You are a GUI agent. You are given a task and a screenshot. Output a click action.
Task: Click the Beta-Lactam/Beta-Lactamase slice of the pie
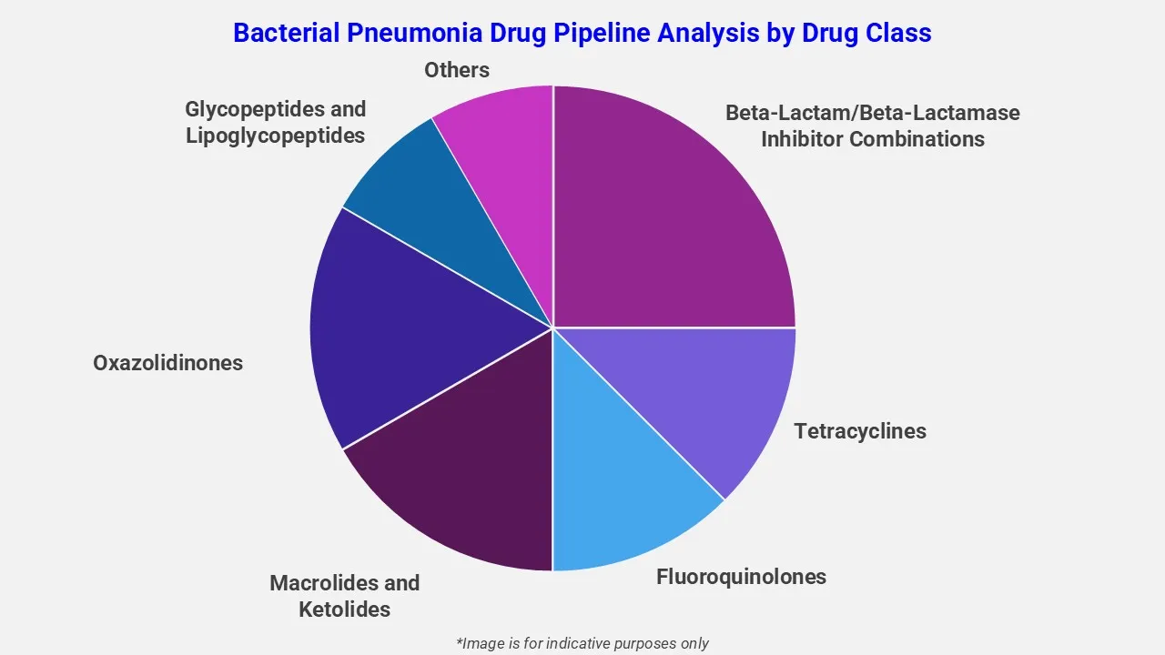674,209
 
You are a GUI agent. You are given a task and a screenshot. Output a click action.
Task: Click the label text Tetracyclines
860,431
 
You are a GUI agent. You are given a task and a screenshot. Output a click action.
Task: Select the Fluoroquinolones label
741,577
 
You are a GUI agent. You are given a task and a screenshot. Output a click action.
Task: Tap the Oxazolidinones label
167,363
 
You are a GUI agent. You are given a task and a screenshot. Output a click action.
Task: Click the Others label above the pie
457,70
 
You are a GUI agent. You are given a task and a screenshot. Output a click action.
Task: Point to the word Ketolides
344,610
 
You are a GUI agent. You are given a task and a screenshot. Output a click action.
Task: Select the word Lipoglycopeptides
275,136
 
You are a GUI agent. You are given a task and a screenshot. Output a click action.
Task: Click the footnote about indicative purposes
582,643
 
